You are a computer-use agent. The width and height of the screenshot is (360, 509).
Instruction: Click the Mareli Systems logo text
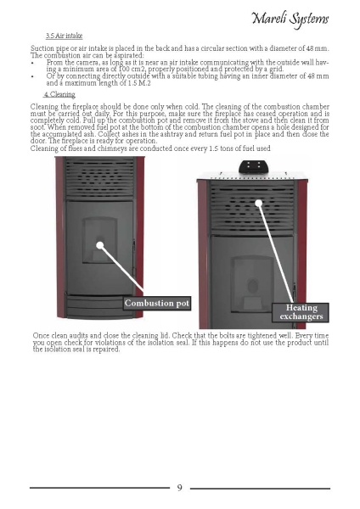click(290, 20)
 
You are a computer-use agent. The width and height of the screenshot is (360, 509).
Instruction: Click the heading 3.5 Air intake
click(64, 36)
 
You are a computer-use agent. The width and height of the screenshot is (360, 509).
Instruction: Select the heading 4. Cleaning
click(59, 94)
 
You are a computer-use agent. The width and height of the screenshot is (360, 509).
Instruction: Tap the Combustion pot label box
click(156, 303)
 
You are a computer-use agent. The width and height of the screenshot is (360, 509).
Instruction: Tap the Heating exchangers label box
click(301, 312)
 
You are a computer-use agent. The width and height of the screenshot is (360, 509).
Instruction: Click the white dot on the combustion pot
click(100, 245)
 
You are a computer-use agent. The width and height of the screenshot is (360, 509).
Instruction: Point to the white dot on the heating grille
click(259, 204)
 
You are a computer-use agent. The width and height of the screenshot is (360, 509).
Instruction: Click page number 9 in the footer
click(180, 488)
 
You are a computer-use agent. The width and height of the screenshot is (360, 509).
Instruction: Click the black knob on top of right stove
click(254, 166)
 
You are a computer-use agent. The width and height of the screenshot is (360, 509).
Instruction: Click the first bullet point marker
click(32, 63)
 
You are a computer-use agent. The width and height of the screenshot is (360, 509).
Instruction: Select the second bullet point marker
click(32, 76)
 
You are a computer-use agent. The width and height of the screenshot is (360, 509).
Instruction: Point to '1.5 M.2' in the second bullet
click(141, 83)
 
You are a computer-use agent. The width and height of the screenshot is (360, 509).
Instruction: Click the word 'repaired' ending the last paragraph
click(107, 350)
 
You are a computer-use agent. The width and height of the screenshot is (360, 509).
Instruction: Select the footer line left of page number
click(99, 488)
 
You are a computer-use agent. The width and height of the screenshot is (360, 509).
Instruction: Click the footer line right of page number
click(261, 488)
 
